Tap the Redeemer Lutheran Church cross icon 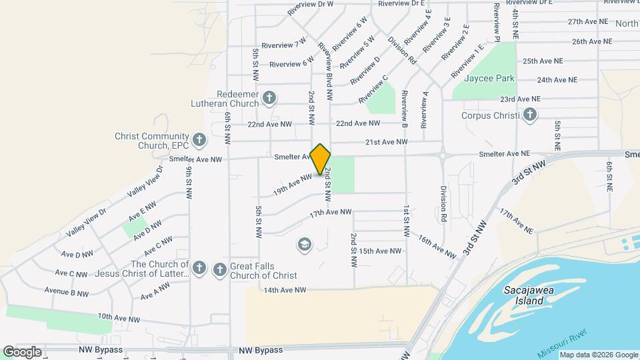click(269, 99)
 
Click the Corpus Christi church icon click(529, 115)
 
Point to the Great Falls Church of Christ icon click(219, 269)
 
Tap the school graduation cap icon click(305, 245)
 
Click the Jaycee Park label click(490, 78)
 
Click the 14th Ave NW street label click(285, 290)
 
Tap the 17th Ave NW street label click(330, 212)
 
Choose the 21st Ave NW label click(385, 141)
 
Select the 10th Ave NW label click(119, 319)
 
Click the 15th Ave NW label click(380, 251)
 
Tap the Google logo click(22, 351)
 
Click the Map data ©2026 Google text click(599, 355)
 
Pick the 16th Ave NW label click(437, 246)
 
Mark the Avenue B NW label click(67, 293)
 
